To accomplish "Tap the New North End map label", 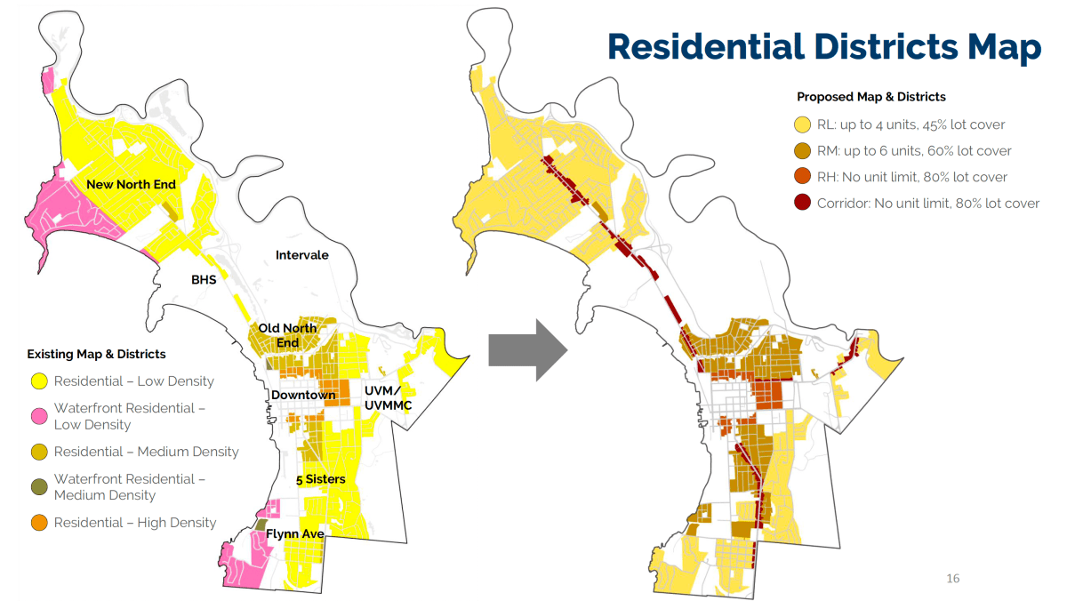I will point(131,184).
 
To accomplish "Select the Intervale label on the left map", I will point(301,255).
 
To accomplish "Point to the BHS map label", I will point(204,279).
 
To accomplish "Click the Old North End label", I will point(287,335).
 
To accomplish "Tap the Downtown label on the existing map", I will point(303,394).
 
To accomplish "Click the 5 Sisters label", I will point(320,479).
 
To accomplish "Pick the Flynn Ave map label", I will point(295,533).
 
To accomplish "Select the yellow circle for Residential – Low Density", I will point(39,381).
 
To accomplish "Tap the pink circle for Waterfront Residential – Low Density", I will point(39,409).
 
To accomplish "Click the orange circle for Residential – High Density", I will point(39,523).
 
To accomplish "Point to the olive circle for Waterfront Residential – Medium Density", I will point(39,480).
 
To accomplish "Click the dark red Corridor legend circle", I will point(803,204).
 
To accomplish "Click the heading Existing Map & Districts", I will point(96,354).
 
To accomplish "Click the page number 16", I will point(952,579).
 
